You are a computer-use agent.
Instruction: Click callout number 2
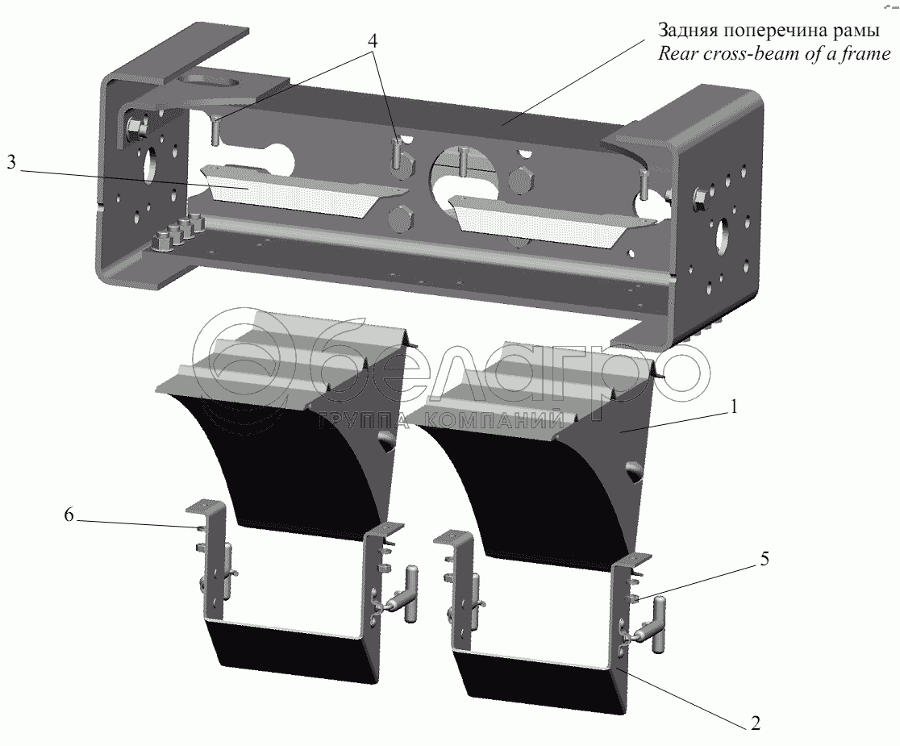(x=754, y=722)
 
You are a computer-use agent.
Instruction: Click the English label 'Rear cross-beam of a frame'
(x=773, y=54)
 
